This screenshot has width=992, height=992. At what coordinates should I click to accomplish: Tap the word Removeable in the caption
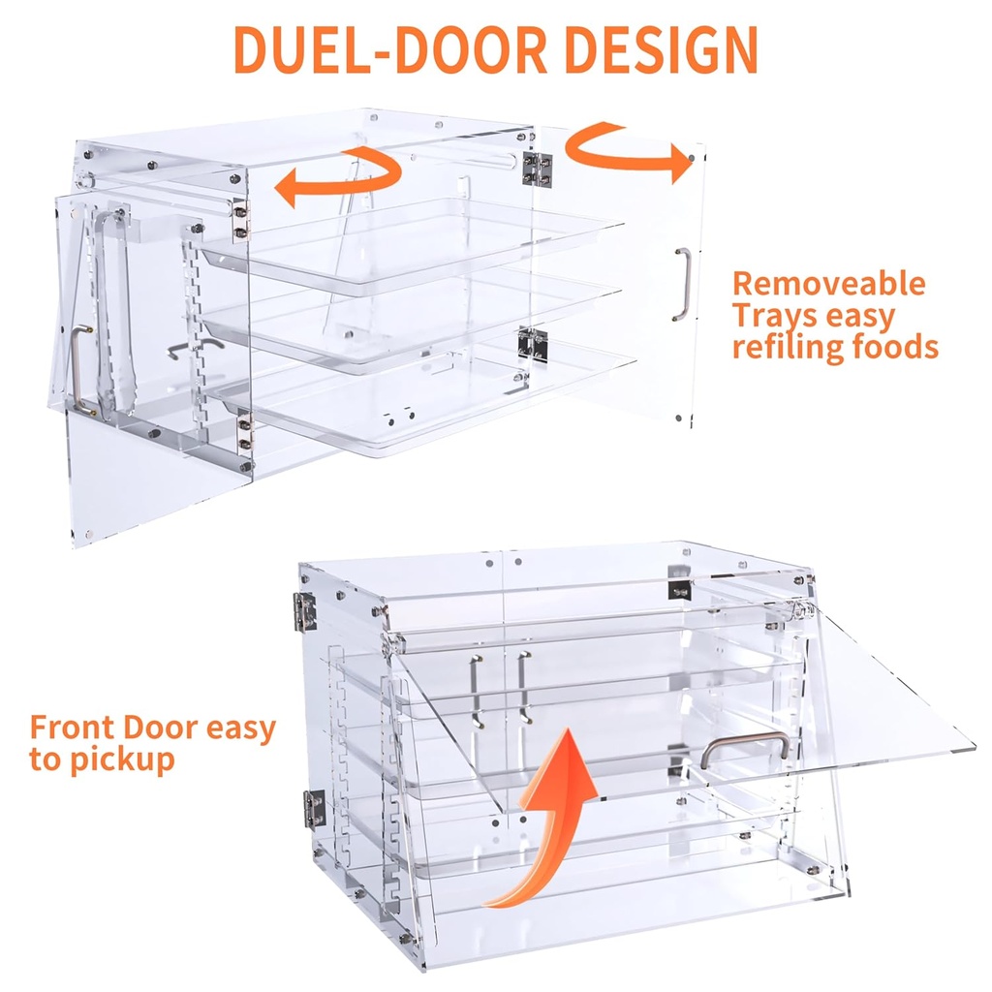[828, 284]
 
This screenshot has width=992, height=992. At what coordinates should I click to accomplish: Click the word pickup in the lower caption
[120, 759]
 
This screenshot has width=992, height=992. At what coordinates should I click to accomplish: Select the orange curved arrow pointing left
[339, 176]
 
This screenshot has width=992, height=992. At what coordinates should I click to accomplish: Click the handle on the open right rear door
[683, 283]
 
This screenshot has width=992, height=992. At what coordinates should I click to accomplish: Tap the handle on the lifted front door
[744, 748]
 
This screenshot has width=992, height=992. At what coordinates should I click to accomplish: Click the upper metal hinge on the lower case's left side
[306, 607]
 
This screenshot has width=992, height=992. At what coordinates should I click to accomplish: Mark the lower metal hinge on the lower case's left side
[313, 807]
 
